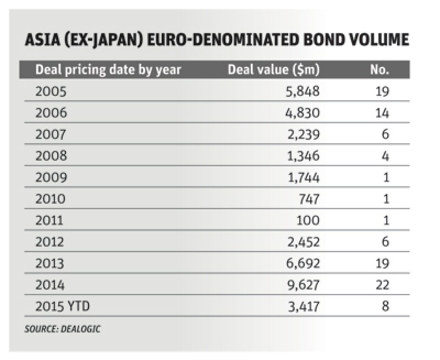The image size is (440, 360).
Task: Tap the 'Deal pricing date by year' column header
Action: [x=108, y=70]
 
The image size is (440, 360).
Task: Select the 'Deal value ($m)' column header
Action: [x=274, y=70]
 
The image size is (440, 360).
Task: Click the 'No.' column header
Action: [x=380, y=70]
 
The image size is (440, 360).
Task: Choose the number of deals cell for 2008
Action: [x=385, y=156]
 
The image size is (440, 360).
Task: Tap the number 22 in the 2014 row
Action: [x=382, y=285]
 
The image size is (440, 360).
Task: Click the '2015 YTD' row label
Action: [x=60, y=307]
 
